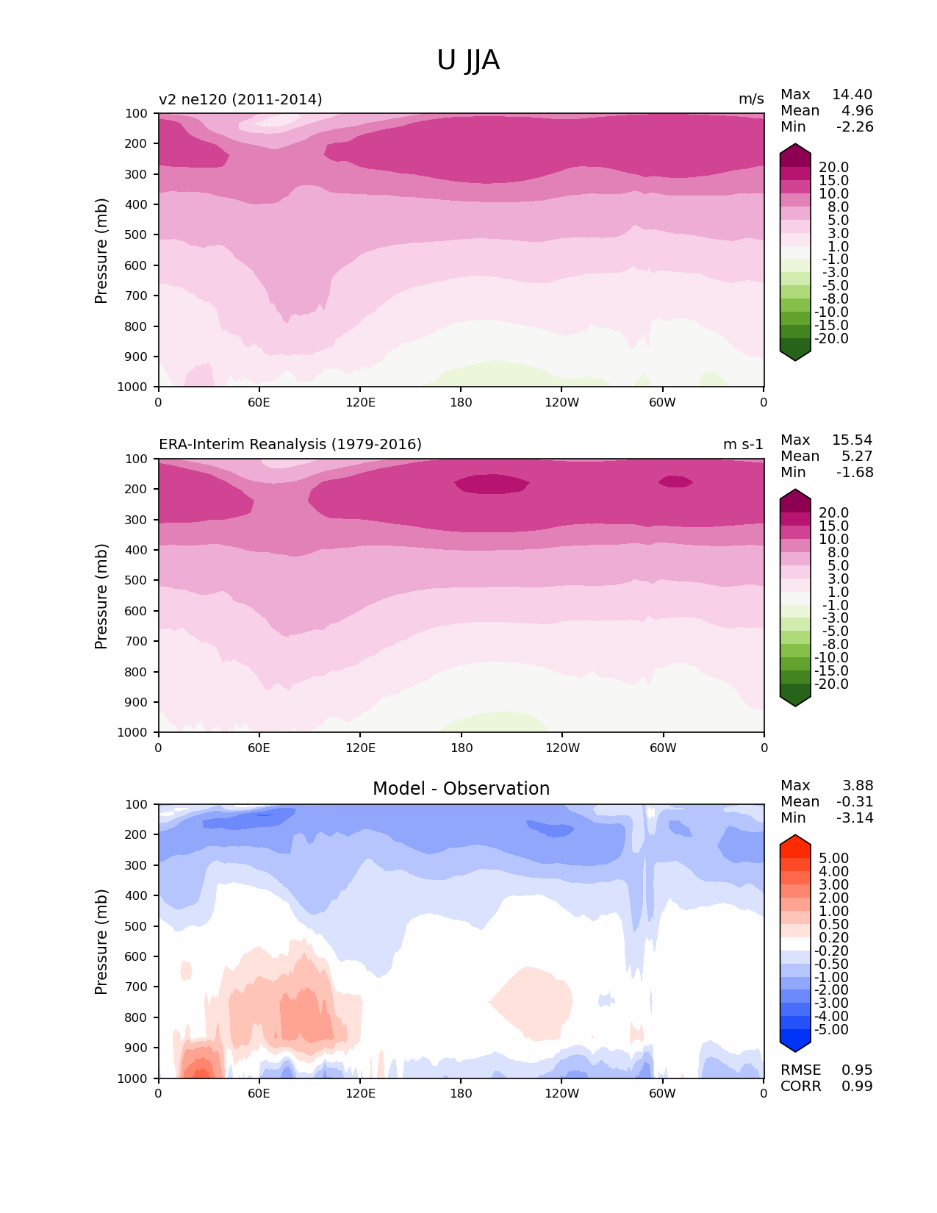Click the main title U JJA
tap(468, 60)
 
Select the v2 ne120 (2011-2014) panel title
tap(240, 99)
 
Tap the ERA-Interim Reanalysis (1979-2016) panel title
tap(290, 445)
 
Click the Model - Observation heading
tap(461, 789)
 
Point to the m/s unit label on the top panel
tap(751, 99)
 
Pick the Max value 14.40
tap(852, 95)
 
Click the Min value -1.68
tap(855, 473)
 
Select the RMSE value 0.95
tap(857, 1070)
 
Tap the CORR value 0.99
tap(857, 1087)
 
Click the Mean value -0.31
tap(855, 802)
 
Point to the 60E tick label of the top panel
tap(259, 403)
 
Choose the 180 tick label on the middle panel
tap(462, 748)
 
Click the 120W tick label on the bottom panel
tap(562, 1094)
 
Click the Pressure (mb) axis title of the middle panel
tap(101, 596)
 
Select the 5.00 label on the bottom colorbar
tap(833, 859)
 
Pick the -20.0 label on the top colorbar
tap(831, 339)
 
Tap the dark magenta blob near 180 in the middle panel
tap(491, 484)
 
